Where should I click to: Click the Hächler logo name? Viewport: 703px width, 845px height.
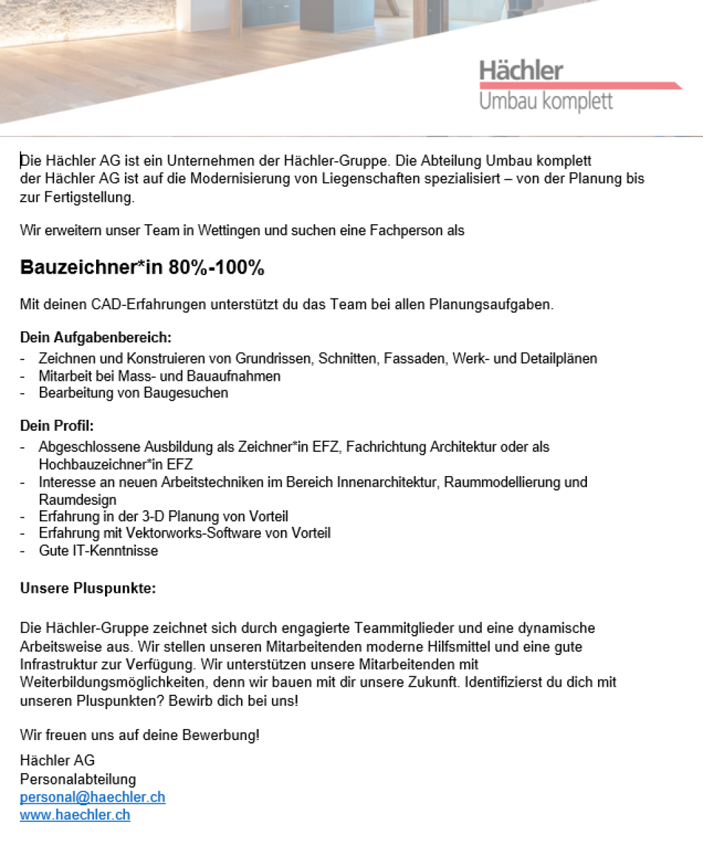coord(521,70)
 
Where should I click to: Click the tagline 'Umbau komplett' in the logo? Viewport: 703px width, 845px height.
coord(546,102)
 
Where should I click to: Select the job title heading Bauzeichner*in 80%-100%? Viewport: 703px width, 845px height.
coord(142,267)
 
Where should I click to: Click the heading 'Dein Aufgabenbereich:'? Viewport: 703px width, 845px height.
coord(95,337)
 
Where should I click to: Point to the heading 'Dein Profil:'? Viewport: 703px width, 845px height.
coord(57,426)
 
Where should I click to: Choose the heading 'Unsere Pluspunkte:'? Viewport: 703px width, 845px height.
coord(88,588)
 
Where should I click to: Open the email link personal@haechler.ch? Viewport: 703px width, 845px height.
coord(93,797)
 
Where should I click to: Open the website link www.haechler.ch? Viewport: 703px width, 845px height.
coord(75,815)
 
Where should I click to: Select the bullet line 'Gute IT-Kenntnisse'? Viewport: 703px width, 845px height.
coord(98,551)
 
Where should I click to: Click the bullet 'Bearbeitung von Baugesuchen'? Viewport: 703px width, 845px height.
coord(133,393)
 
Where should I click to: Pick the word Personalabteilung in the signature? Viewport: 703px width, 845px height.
coord(78,779)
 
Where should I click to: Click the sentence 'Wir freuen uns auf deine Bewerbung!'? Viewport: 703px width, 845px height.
coord(140,735)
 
